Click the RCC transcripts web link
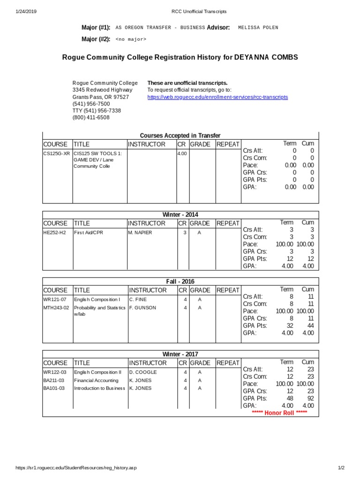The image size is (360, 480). [217, 97]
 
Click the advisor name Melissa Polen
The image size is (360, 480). [258, 28]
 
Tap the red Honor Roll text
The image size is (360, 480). [279, 412]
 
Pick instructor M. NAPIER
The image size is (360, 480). [140, 232]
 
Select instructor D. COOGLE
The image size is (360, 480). [143, 372]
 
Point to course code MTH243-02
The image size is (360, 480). [56, 308]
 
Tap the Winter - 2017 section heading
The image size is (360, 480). [180, 354]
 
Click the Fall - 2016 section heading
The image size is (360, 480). [180, 281]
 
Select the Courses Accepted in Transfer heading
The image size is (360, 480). [180, 135]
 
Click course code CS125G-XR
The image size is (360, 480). [56, 153]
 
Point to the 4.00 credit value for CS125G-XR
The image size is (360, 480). [182, 153]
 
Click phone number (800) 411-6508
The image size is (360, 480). [91, 118]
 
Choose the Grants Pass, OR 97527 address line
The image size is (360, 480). [100, 97]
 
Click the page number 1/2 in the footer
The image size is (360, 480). [341, 468]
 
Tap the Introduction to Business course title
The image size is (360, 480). [99, 389]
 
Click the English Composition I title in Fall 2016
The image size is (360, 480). [97, 300]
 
